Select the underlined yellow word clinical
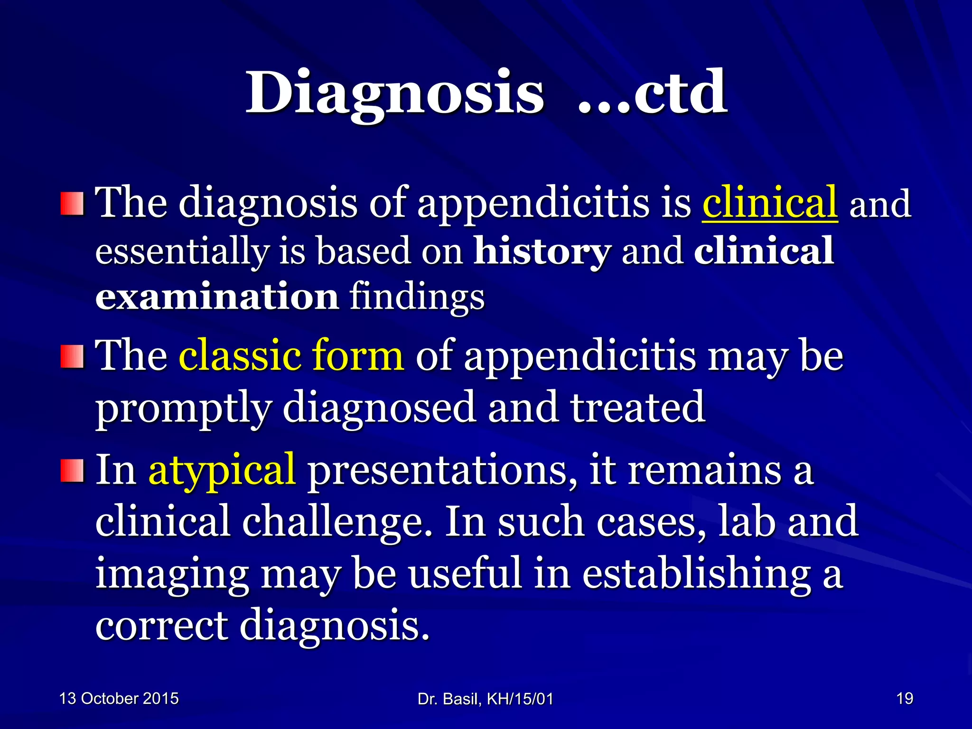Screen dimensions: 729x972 coord(769,203)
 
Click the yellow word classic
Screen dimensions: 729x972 coord(240,356)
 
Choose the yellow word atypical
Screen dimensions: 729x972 coord(222,471)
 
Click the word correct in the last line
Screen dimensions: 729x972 coord(161,626)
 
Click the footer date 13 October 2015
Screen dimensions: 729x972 coord(119,699)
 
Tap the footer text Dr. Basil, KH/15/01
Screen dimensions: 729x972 coord(485,699)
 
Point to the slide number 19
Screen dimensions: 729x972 coord(905,699)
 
